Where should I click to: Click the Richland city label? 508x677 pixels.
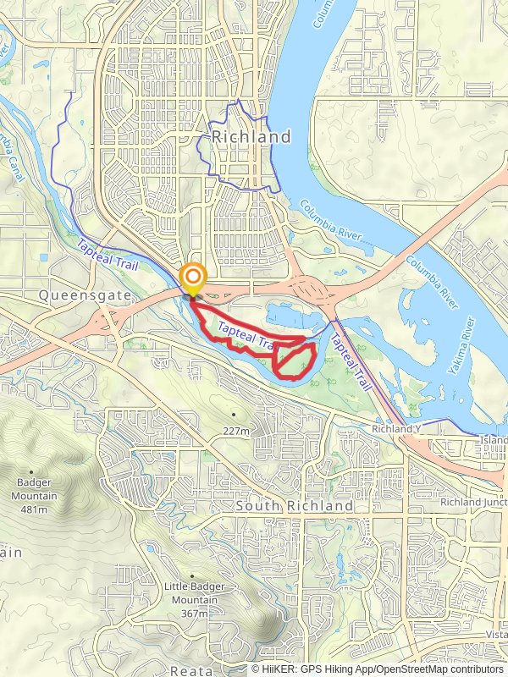[x=251, y=136]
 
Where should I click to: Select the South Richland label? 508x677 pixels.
[x=295, y=505]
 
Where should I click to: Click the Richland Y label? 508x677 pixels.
[x=395, y=430]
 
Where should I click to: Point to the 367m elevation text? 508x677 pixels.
[x=194, y=614]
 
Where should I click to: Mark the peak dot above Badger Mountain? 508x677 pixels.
[x=31, y=472]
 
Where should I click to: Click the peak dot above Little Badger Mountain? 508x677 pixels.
[x=192, y=575]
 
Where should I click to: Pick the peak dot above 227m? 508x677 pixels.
[x=234, y=415]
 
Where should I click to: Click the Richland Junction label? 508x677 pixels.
[x=472, y=502]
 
